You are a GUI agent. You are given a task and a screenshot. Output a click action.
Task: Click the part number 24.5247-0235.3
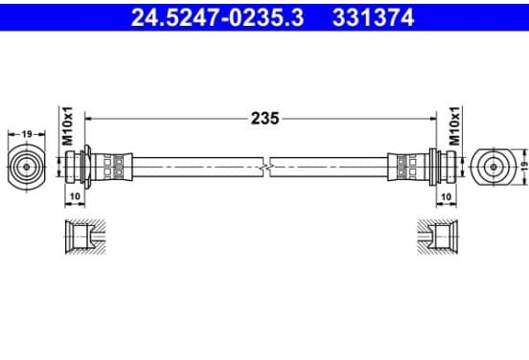pyautogui.click(x=218, y=17)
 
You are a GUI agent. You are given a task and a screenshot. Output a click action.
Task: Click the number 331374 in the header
pyautogui.click(x=373, y=17)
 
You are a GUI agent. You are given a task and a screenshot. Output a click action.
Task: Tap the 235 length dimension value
pyautogui.click(x=264, y=119)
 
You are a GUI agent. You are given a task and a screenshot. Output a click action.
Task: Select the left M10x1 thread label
pyautogui.click(x=68, y=125)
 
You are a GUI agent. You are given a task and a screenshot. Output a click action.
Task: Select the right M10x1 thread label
pyautogui.click(x=455, y=125)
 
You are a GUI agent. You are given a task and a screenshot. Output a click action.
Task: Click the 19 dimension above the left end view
pyautogui.click(x=27, y=134)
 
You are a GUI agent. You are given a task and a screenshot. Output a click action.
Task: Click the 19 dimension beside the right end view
pyautogui.click(x=523, y=167)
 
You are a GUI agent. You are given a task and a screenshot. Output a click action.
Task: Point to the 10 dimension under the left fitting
pyautogui.click(x=75, y=196)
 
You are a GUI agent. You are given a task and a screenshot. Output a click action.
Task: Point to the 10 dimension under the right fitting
pyautogui.click(x=447, y=196)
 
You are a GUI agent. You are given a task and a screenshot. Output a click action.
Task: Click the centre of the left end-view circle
pyautogui.click(x=26, y=167)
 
